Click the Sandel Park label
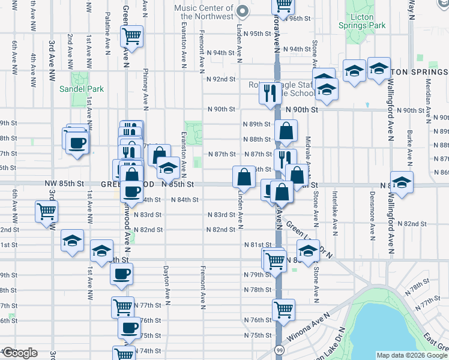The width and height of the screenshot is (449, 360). pyautogui.click(x=82, y=89)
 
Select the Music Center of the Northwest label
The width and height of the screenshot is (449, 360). pyautogui.click(x=203, y=13)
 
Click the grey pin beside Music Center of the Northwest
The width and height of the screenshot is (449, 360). pyautogui.click(x=243, y=11)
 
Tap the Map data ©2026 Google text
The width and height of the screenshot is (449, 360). pyautogui.click(x=412, y=355)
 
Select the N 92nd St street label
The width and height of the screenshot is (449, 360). pyautogui.click(x=221, y=79)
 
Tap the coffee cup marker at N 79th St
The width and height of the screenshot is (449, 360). pyautogui.click(x=122, y=274)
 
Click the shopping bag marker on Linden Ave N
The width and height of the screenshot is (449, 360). pyautogui.click(x=244, y=176)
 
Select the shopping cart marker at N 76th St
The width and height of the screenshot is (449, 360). pyautogui.click(x=283, y=310)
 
